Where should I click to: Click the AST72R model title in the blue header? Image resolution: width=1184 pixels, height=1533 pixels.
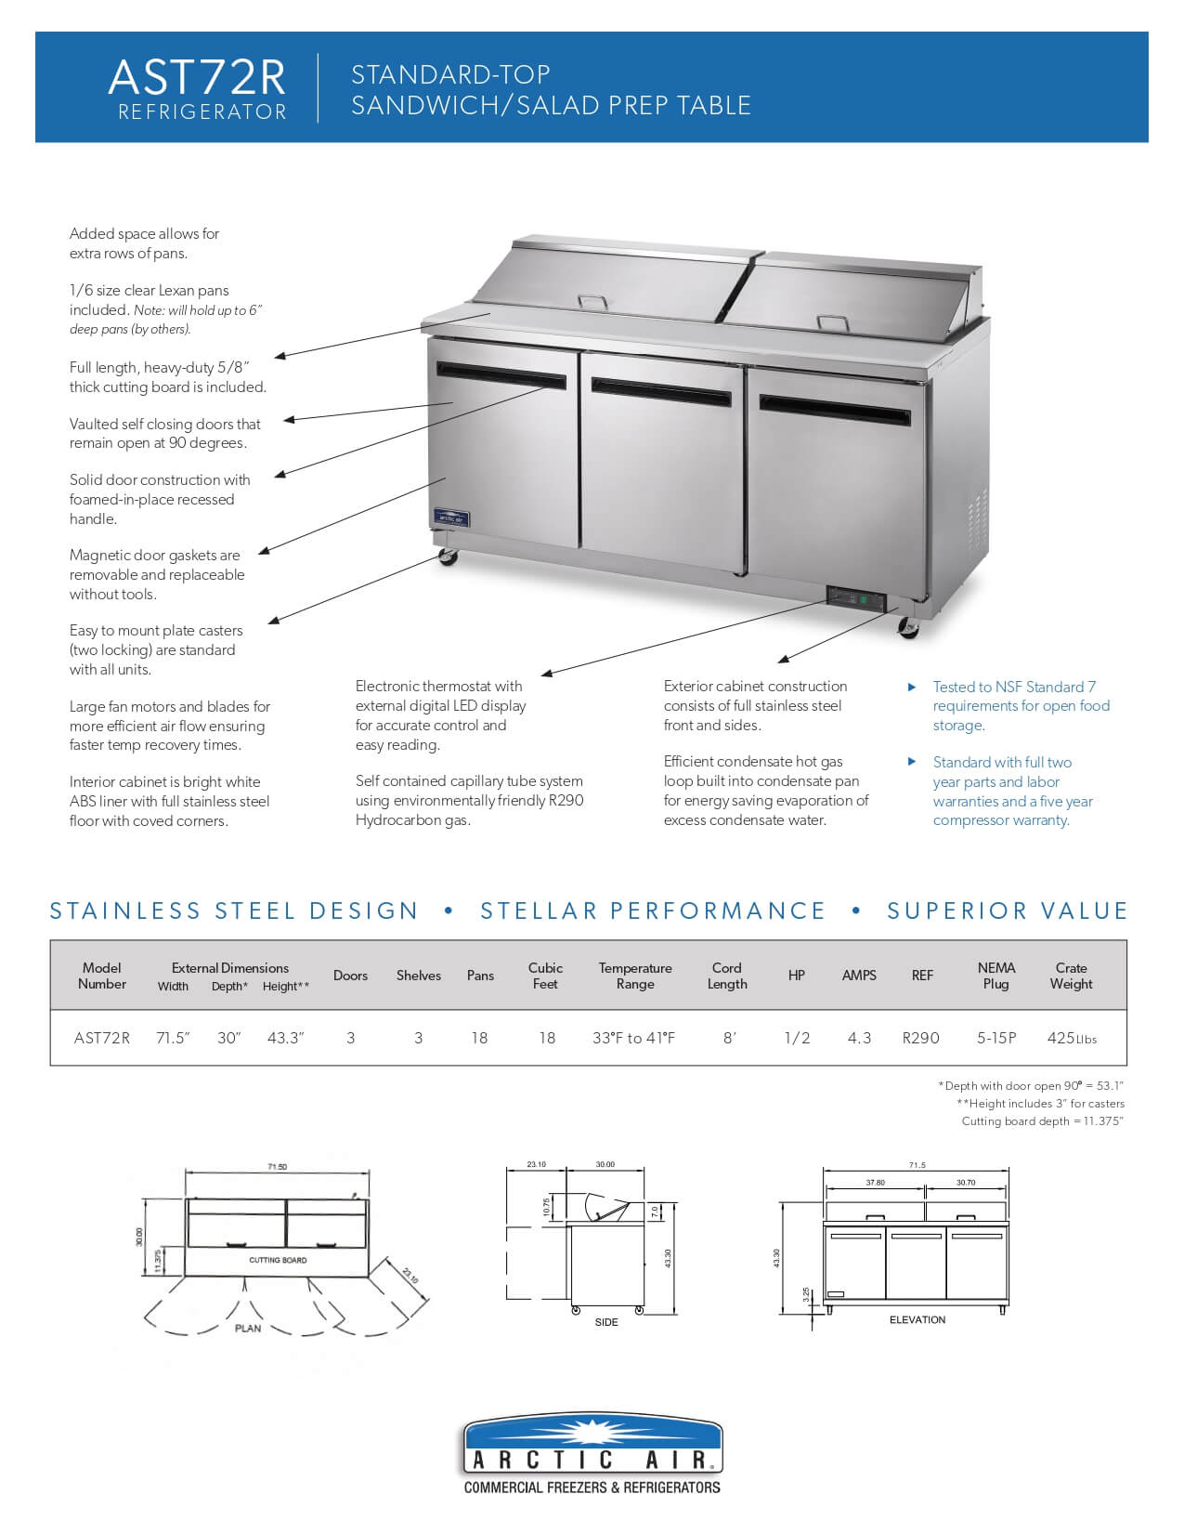point(197,78)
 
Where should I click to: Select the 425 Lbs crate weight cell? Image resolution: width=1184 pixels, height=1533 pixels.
point(1071,1038)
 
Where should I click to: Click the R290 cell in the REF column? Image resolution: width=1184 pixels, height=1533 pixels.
point(921,1038)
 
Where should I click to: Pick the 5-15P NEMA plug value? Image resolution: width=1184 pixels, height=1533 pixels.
point(996,1038)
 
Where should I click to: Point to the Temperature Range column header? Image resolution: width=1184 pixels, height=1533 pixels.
point(635,976)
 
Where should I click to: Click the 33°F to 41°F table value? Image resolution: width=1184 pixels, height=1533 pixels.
point(634,1038)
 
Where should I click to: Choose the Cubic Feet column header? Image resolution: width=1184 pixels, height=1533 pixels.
point(546,976)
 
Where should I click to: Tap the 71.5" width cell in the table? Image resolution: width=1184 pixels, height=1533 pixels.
point(173,1038)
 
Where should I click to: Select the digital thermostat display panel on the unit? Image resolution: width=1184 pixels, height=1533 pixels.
point(856,599)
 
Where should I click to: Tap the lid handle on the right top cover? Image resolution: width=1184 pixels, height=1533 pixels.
point(833,322)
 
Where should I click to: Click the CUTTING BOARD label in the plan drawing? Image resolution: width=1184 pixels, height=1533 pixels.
point(278,1260)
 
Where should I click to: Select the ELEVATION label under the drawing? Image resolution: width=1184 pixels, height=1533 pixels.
point(917,1319)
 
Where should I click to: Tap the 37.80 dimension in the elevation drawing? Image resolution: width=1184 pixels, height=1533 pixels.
point(875,1183)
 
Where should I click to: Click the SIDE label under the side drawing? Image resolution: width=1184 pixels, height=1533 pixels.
point(606,1322)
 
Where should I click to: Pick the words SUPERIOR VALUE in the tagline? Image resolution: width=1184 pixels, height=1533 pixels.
point(1008,911)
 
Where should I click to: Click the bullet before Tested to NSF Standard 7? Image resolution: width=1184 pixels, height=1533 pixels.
point(912,688)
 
